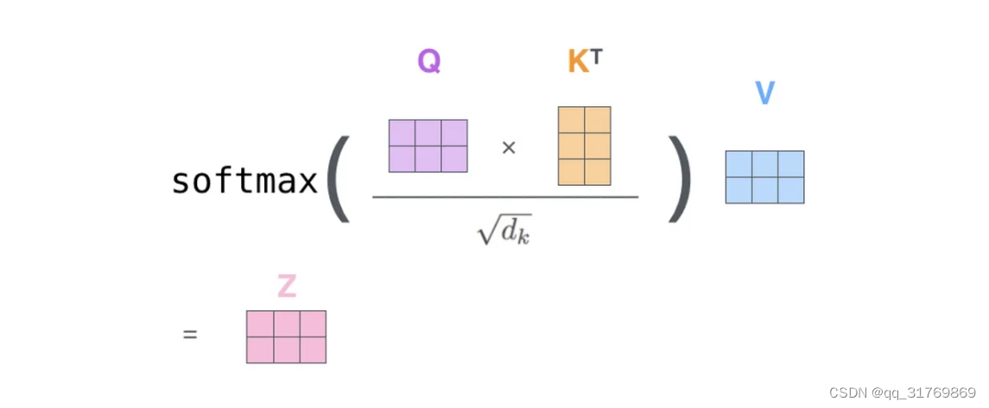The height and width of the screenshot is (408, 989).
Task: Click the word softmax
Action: pyautogui.click(x=244, y=182)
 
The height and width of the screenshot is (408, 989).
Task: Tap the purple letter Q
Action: pyautogui.click(x=428, y=61)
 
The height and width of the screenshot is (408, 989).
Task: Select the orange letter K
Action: pyautogui.click(x=577, y=61)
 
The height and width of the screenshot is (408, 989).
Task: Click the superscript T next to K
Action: pyautogui.click(x=596, y=56)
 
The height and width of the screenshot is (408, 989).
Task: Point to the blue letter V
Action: pyautogui.click(x=764, y=92)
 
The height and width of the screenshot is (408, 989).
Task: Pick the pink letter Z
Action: pyautogui.click(x=286, y=286)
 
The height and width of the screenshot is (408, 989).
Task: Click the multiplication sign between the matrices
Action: pyautogui.click(x=509, y=147)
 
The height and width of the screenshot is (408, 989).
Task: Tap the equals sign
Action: pyautogui.click(x=190, y=334)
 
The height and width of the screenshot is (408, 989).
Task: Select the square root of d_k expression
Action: pyautogui.click(x=504, y=228)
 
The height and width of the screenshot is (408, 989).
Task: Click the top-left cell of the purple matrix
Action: pyautogui.click(x=403, y=133)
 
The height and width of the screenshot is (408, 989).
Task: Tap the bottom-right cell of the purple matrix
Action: pyautogui.click(x=454, y=159)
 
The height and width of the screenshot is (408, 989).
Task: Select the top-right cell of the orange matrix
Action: pyautogui.click(x=598, y=120)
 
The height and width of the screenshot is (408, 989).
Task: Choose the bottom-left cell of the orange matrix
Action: pyautogui.click(x=572, y=172)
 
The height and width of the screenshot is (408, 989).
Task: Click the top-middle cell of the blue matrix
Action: pyautogui.click(x=764, y=164)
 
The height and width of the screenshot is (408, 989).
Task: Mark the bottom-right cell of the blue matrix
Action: pyautogui.click(x=790, y=190)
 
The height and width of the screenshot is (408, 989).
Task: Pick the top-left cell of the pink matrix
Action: pyautogui.click(x=260, y=324)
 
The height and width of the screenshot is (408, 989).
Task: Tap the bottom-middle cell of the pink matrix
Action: pyautogui.click(x=286, y=350)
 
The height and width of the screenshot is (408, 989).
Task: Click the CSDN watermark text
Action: pyautogui.click(x=902, y=393)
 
